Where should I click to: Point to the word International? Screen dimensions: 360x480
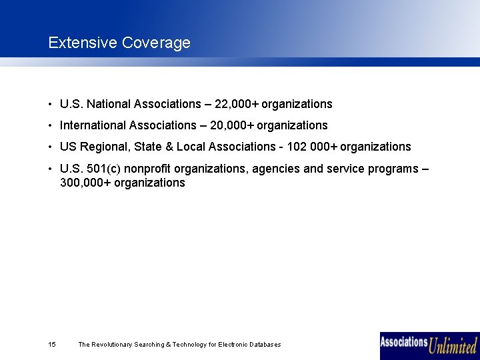click(93, 125)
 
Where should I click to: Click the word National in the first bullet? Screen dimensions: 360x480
click(109, 104)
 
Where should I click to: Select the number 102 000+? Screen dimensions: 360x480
click(311, 147)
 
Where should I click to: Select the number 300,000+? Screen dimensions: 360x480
click(85, 183)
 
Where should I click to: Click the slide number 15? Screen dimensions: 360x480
click(52, 345)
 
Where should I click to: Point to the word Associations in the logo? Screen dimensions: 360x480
click(404, 342)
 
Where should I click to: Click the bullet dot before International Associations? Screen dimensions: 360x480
click(50, 125)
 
